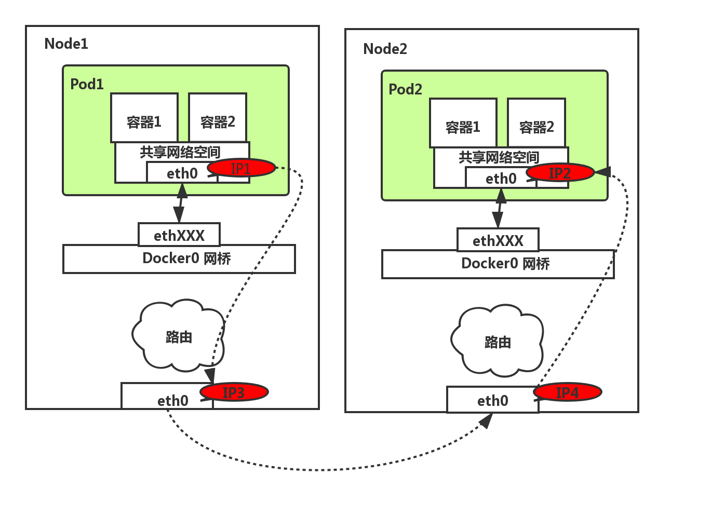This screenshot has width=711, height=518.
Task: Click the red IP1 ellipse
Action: pyautogui.click(x=241, y=168)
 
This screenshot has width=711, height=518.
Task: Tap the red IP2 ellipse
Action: pyautogui.click(x=560, y=173)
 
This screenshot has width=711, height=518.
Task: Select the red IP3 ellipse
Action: pyautogui.click(x=234, y=392)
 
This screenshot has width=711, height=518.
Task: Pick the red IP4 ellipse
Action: pyautogui.click(x=567, y=392)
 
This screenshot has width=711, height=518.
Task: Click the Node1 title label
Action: pyautogui.click(x=66, y=44)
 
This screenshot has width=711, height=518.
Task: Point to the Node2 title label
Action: pyautogui.click(x=385, y=49)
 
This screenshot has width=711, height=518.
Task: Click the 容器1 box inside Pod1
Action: pyautogui.click(x=144, y=118)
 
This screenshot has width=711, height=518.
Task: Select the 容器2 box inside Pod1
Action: pyautogui.click(x=218, y=118)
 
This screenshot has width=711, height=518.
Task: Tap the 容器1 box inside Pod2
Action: pyautogui.click(x=463, y=124)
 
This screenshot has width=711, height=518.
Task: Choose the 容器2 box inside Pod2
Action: pyautogui.click(x=536, y=124)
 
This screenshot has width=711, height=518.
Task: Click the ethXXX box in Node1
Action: pyautogui.click(x=179, y=235)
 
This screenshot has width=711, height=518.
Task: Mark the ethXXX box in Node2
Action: pyautogui.click(x=498, y=240)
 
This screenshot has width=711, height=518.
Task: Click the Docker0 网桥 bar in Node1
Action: pyautogui.click(x=179, y=259)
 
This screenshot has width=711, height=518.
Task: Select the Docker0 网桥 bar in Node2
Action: pyautogui.click(x=498, y=264)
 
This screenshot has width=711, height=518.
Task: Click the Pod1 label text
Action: pyautogui.click(x=87, y=84)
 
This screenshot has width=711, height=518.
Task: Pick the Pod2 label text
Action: pyautogui.click(x=405, y=89)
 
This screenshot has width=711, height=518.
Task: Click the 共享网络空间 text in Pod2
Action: pyautogui.click(x=499, y=157)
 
